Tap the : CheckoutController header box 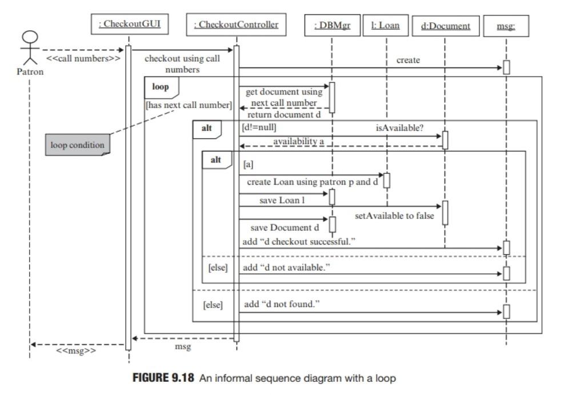pos(237,24)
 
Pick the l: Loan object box pos(386,25)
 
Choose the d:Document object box pos(445,25)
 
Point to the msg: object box pos(506,25)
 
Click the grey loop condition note pos(78,145)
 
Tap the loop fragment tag pos(161,87)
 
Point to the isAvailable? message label pos(399,127)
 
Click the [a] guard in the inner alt pos(248,164)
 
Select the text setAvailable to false pos(394,216)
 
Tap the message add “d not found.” pos(282,304)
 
